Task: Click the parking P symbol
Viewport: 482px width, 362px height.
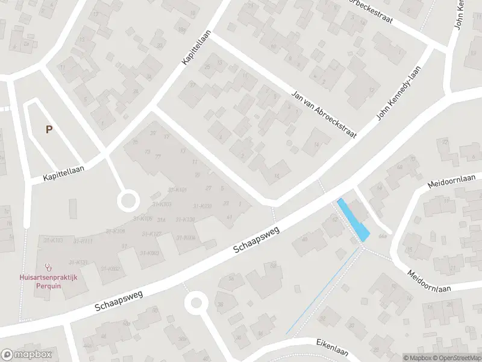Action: coord(48,129)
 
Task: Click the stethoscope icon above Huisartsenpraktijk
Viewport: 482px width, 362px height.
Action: coord(48,266)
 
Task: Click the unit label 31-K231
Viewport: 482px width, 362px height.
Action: coord(202,206)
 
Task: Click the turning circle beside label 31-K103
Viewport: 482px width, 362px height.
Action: coord(128,201)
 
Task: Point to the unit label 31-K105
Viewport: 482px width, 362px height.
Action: coord(142,218)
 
